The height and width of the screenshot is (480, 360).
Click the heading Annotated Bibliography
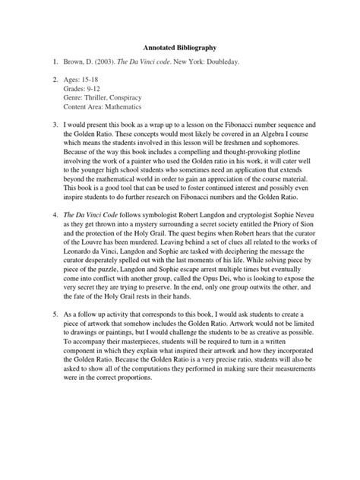(179, 48)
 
